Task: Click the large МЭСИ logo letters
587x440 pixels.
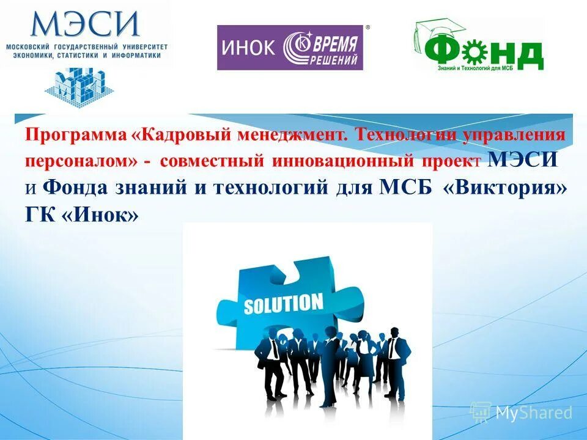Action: tap(85, 24)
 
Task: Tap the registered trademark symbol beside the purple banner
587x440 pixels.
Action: tap(367, 28)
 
